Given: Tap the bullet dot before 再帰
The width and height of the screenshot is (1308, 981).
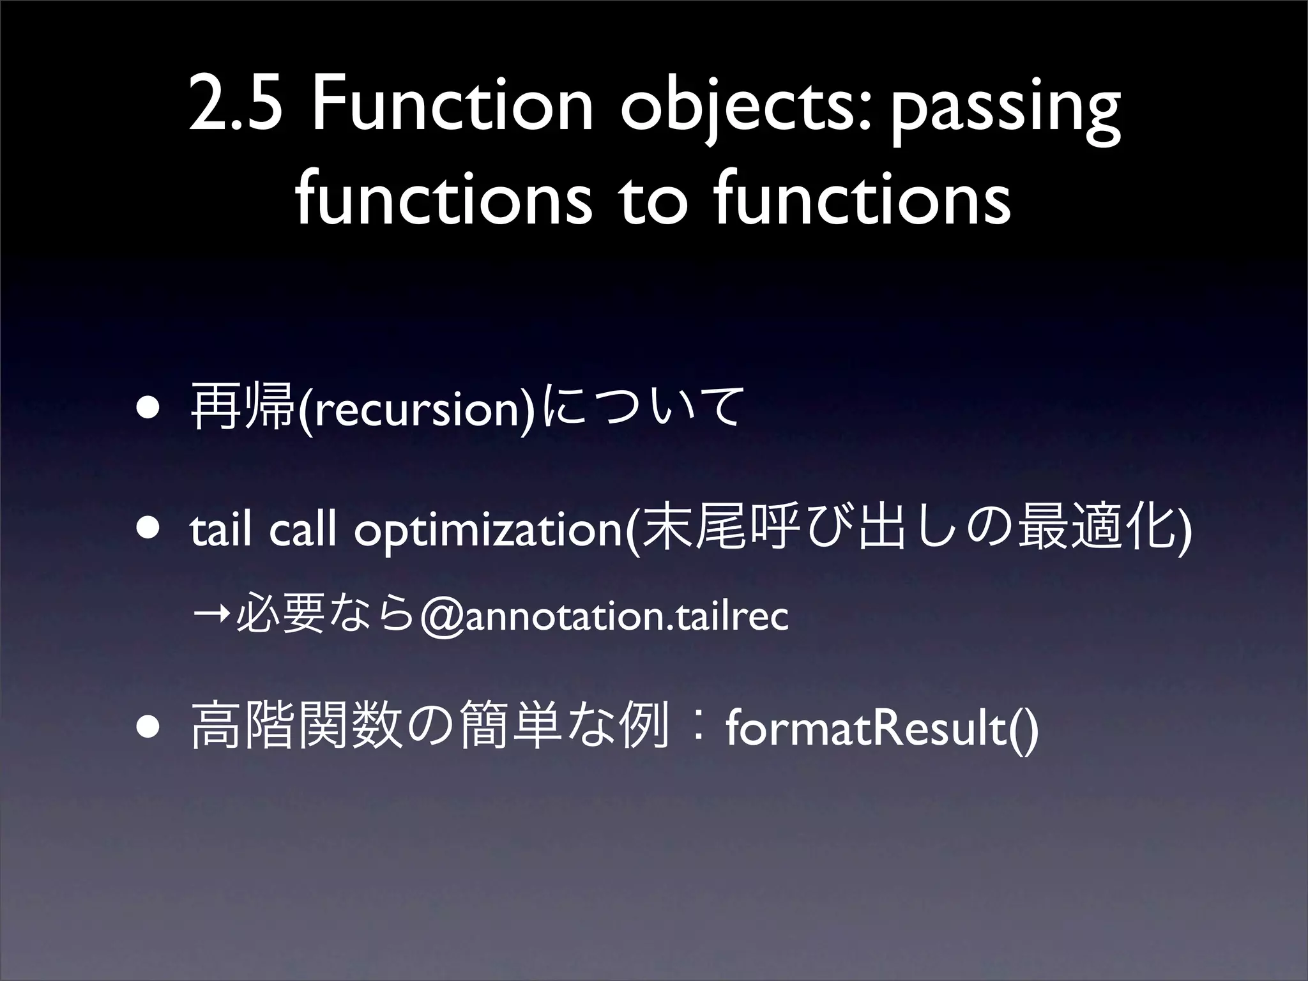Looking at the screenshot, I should [147, 408].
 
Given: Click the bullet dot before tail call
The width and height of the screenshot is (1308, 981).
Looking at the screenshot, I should [147, 529].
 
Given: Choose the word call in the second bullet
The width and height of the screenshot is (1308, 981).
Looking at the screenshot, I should [303, 530].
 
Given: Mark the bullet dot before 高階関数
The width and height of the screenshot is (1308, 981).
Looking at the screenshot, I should [147, 727].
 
